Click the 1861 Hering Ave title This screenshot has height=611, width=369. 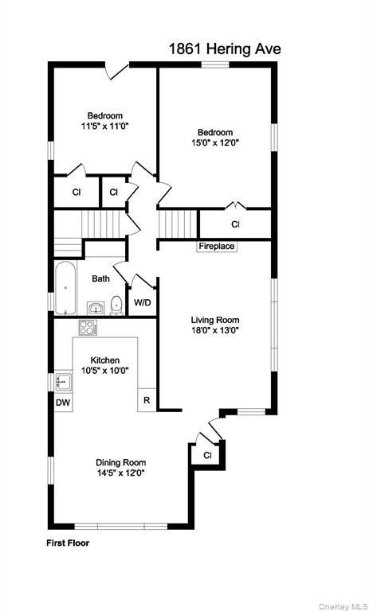click(224, 49)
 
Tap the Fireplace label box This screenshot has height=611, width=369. click(217, 247)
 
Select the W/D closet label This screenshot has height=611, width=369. click(143, 302)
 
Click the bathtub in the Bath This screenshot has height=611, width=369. click(65, 290)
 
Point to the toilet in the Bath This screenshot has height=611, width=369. click(116, 304)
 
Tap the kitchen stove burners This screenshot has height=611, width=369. click(87, 327)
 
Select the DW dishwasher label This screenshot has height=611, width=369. click(63, 403)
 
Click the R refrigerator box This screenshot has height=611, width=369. click(147, 400)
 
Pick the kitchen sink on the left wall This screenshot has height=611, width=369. click(65, 381)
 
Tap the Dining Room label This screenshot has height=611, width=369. click(120, 462)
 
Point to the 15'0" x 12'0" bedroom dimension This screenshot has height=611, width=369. click(215, 143)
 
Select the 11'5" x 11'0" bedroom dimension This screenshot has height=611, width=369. click(104, 126)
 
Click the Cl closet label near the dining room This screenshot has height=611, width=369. click(207, 455)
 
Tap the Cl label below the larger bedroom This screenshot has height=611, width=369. click(235, 224)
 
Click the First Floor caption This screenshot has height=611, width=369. click(68, 543)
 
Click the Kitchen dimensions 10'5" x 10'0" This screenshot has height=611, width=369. click(104, 370)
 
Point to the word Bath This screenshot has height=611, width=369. click(100, 278)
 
